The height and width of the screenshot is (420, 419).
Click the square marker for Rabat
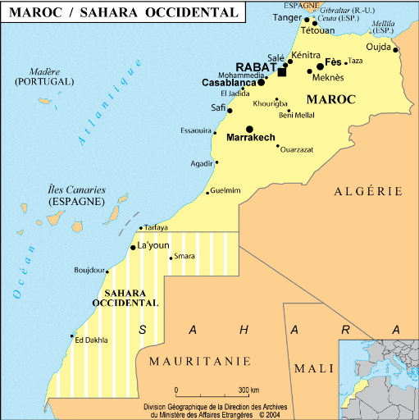click(282, 72)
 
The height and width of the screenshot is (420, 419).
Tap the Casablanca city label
click(229, 83)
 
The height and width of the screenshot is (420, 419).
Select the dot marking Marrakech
click(249, 128)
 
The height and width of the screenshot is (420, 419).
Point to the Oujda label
click(379, 45)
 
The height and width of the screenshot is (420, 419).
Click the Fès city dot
click(321, 66)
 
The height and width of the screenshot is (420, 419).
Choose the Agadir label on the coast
click(201, 163)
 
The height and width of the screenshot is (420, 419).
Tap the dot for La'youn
click(133, 247)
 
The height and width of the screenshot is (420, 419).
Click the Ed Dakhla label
click(91, 340)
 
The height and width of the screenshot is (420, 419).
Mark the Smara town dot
click(171, 258)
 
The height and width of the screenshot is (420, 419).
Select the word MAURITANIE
click(189, 360)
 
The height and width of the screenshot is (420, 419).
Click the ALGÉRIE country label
click(368, 191)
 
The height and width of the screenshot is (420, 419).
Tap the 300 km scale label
click(249, 390)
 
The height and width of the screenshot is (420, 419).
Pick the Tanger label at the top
click(287, 17)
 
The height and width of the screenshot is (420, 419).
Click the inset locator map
click(379, 378)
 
